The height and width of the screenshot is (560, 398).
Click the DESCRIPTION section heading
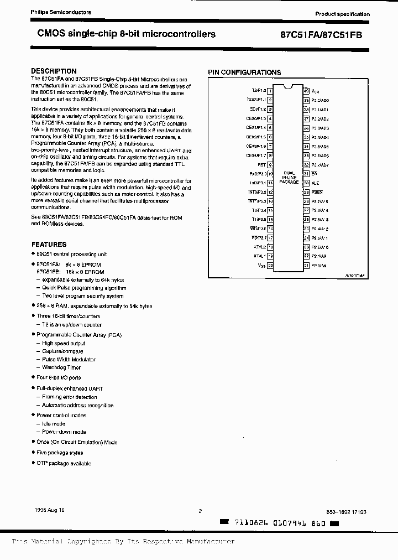tap(54, 71)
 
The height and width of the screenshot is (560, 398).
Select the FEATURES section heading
tap(49, 244)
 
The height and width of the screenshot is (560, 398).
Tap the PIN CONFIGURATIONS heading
tap(244, 72)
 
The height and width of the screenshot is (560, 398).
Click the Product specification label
tap(342, 14)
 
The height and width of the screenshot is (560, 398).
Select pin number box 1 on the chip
tap(270, 90)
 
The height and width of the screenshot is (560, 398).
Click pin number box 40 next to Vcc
tap(306, 90)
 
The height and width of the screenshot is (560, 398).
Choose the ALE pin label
tap(315, 183)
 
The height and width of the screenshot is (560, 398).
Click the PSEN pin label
tap(316, 192)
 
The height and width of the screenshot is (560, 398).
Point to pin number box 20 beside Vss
tap(270, 266)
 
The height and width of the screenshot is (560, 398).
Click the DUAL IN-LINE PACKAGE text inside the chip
tap(288, 177)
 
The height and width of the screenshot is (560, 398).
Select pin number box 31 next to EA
tap(306, 173)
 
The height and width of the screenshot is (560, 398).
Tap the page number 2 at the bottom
tap(200, 511)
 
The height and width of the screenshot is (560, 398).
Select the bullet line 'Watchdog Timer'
tap(61, 367)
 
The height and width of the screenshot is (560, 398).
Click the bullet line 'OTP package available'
tap(64, 463)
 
